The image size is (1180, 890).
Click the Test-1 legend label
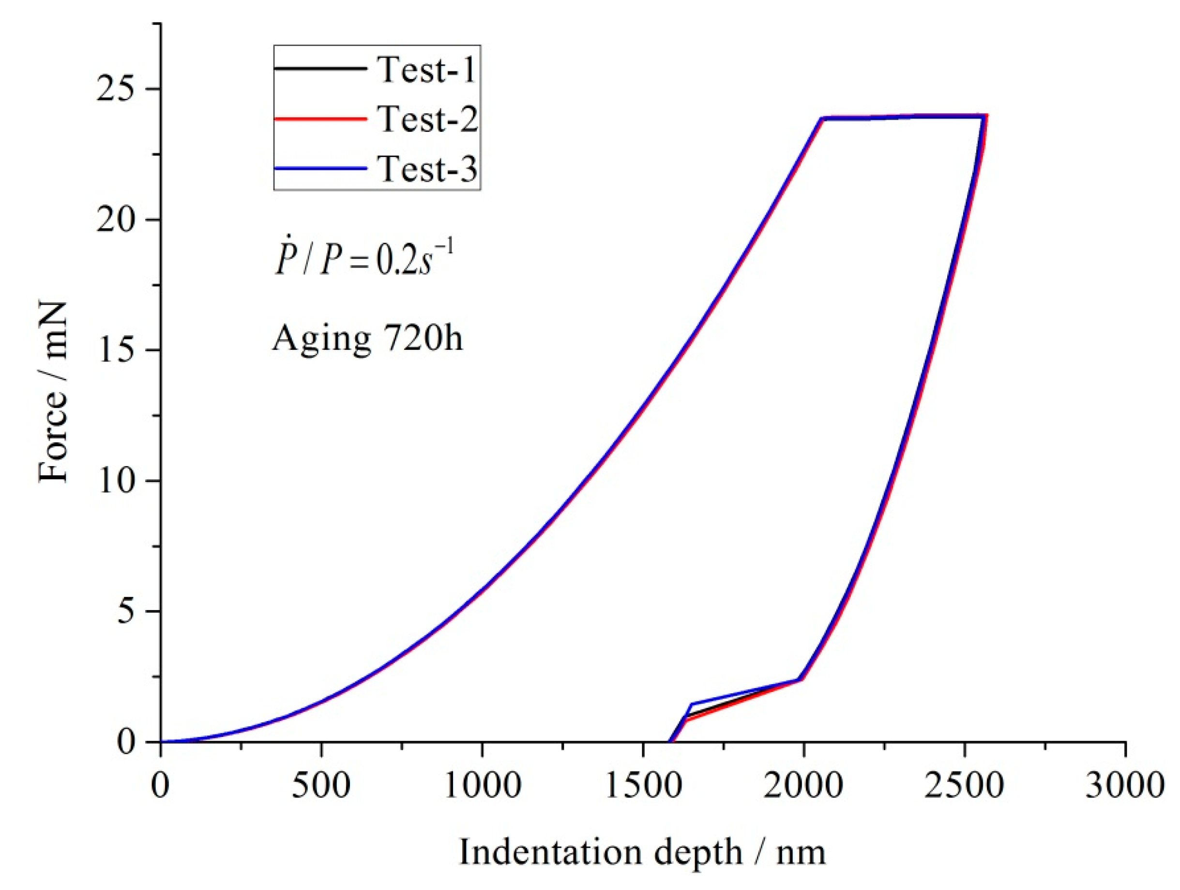426,70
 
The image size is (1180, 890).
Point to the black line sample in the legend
320,69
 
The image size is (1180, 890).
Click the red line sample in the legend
320,119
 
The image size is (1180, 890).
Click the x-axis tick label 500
320,786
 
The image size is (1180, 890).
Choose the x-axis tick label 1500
643,786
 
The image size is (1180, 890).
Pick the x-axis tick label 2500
965,786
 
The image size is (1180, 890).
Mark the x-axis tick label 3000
1125,786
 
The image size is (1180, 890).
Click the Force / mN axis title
53,392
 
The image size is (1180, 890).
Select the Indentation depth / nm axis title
642,852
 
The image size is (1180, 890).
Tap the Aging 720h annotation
367,339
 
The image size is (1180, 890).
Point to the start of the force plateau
823,118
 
